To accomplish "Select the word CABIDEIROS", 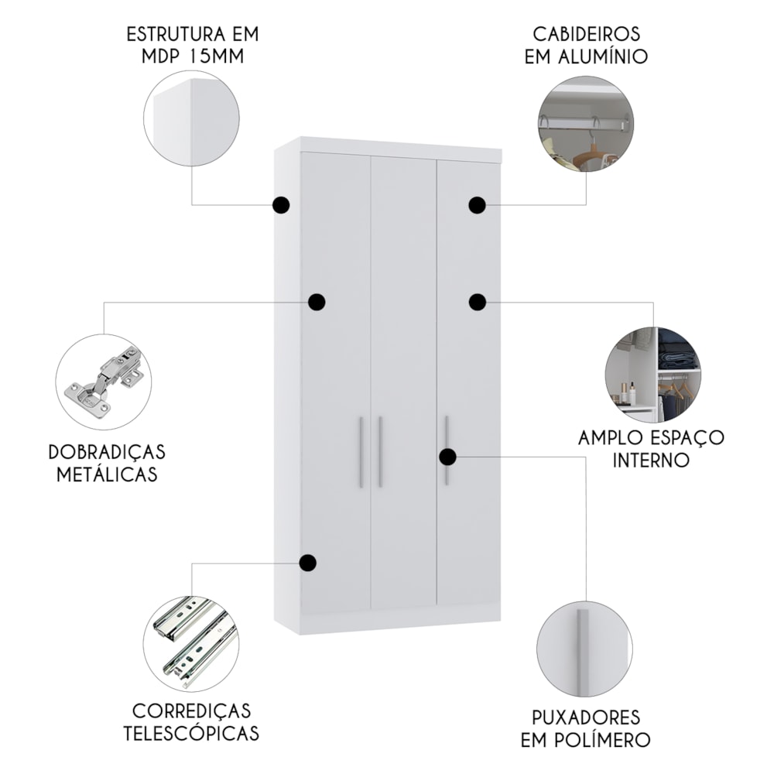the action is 587,35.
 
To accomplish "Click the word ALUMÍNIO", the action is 603,57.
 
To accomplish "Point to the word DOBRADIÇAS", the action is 107,452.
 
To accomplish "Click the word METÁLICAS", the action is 107,474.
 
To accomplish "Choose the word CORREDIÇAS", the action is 191,711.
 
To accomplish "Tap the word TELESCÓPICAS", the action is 191,733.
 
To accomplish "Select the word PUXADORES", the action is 586,717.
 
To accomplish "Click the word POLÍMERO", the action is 608,739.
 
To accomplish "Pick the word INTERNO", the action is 651,460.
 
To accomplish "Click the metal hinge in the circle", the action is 104,378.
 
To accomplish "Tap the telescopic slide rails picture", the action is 193,642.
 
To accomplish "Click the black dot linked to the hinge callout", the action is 317,302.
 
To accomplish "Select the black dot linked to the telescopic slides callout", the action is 308,563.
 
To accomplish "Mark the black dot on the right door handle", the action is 447,457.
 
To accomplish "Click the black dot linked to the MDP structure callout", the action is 282,205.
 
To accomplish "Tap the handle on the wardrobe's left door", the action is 361,452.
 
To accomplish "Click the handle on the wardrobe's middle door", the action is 380,452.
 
